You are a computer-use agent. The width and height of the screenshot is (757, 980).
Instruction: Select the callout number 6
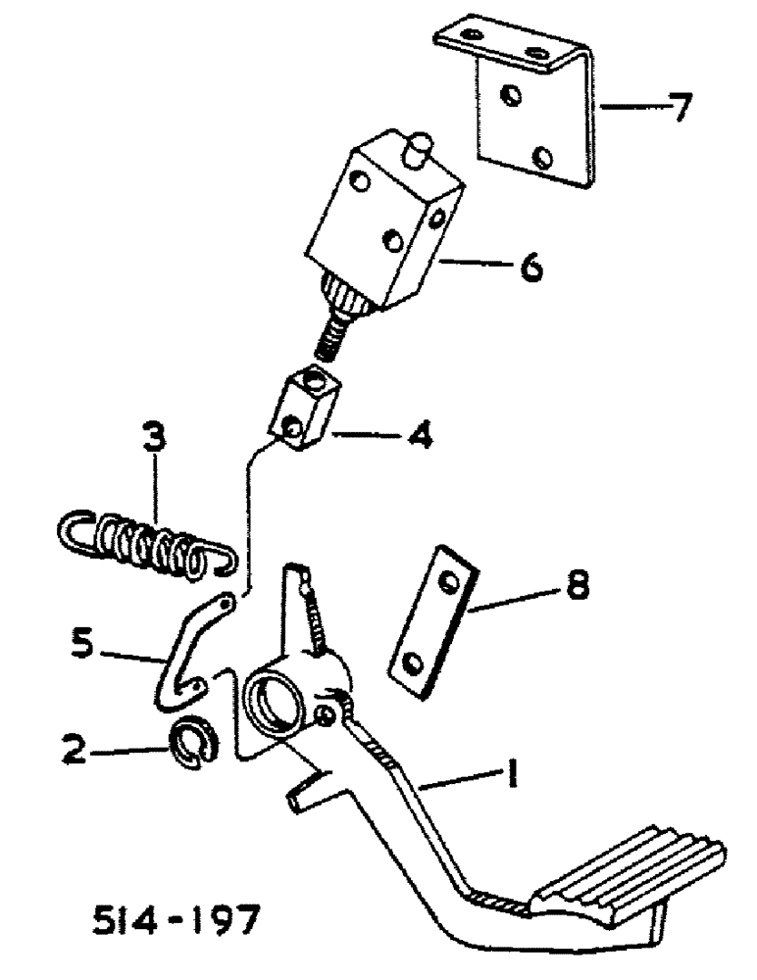[x=530, y=266]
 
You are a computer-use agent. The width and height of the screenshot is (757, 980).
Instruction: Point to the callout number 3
[x=152, y=438]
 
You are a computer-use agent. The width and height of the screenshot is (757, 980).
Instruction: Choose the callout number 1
[x=510, y=778]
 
